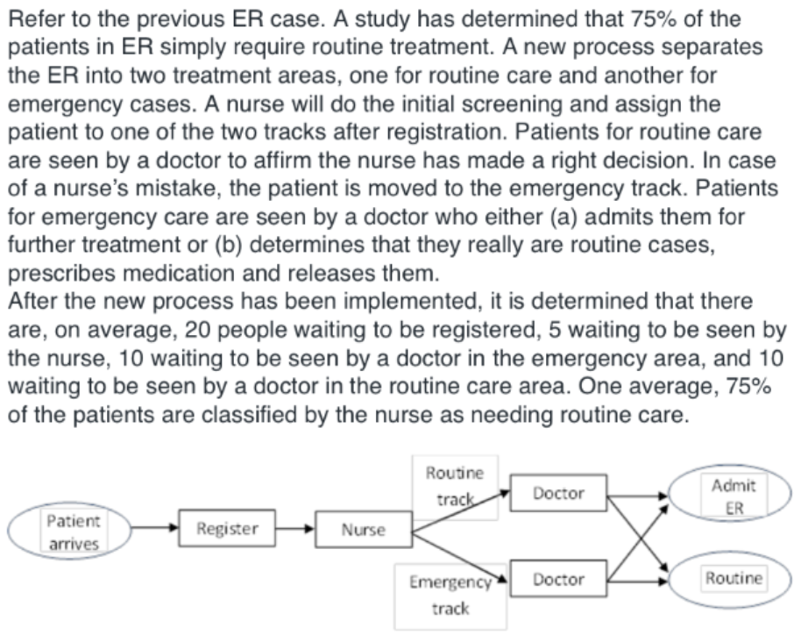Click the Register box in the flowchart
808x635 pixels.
(227, 528)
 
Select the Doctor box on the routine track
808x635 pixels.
(558, 494)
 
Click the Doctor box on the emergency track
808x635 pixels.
(558, 580)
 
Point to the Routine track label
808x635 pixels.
(454, 487)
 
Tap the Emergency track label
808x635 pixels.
(450, 594)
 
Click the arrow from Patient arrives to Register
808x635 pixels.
(154, 529)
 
